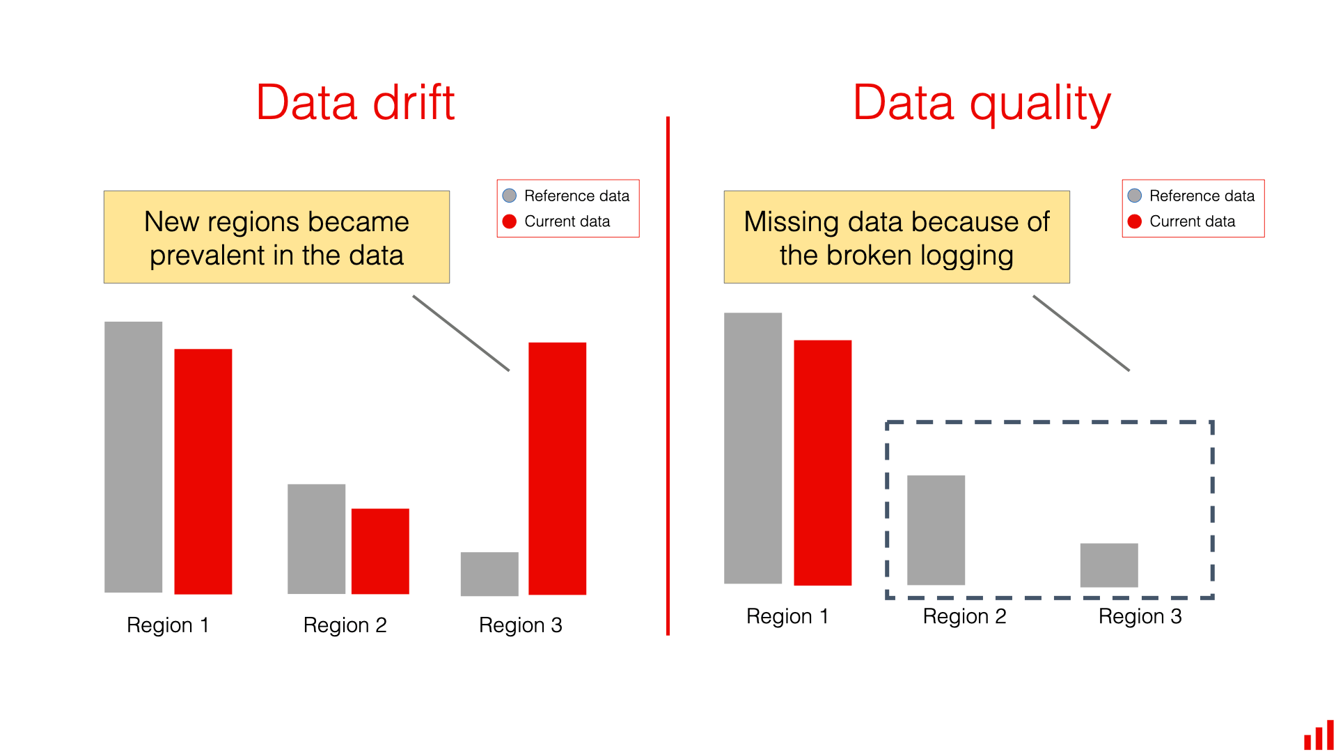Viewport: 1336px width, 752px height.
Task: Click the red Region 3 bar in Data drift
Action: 557,468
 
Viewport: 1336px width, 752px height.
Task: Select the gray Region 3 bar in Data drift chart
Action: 489,574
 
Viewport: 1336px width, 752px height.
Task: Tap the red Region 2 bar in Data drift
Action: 380,551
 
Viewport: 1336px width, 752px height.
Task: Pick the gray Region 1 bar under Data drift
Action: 133,457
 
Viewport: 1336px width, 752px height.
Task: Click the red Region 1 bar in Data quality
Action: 822,462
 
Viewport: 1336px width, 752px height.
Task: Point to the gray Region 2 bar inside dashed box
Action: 936,530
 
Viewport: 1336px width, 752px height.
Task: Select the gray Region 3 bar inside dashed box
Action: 1109,565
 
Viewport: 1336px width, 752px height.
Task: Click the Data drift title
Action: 355,103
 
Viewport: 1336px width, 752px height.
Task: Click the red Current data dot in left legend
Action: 510,221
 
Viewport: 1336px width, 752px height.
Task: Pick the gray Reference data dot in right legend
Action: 1135,196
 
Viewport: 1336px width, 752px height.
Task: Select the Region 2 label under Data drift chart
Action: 345,625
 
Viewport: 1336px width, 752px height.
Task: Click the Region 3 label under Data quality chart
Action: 1140,616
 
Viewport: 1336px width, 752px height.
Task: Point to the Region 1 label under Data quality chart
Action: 787,616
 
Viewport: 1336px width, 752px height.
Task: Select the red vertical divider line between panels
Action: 668,376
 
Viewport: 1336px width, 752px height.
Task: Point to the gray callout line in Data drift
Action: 461,333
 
